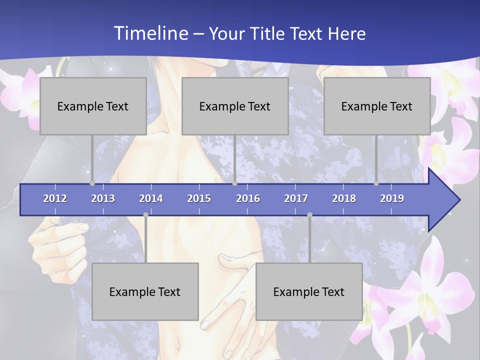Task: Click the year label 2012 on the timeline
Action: [55, 198]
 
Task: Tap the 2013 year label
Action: [103, 198]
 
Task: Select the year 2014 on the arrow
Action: [151, 198]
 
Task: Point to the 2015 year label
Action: [199, 198]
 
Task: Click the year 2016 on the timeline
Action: [248, 198]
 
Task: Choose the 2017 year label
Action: [296, 198]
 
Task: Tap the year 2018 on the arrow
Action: [344, 198]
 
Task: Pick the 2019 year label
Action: [392, 198]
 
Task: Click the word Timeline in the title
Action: [150, 33]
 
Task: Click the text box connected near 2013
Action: [93, 106]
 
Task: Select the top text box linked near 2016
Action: [235, 106]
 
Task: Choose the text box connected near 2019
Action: [377, 106]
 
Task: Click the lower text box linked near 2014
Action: [145, 291]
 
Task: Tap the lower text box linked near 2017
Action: [309, 291]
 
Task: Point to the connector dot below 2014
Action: [145, 215]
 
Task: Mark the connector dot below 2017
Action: [309, 215]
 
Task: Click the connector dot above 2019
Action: [376, 183]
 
